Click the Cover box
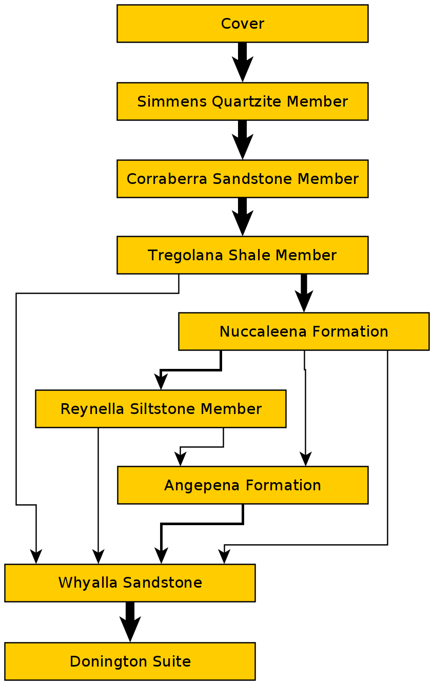[242, 24]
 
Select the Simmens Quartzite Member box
[242, 101]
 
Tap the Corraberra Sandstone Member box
[242, 179]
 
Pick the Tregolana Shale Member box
[242, 255]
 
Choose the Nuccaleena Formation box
[304, 331]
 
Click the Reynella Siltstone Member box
[161, 409]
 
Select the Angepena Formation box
[243, 485]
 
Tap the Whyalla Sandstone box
[130, 583]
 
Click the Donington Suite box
[130, 661]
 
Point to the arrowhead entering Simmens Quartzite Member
[243, 72]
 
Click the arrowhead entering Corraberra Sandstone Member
[243, 149]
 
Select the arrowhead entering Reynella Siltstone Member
[161, 383]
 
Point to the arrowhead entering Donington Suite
[130, 631]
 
